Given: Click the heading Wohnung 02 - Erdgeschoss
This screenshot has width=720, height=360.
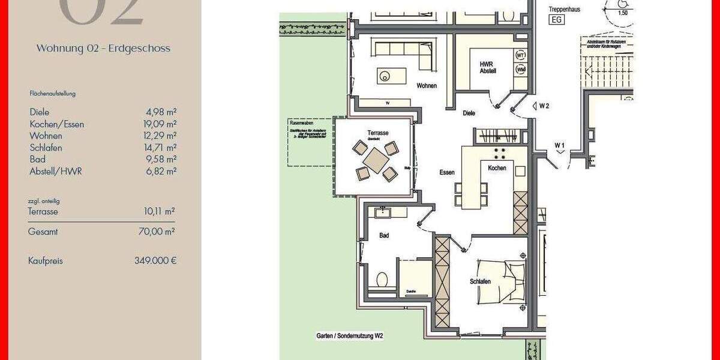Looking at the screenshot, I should point(103,49).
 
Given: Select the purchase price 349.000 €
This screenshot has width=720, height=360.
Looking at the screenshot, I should point(155,261).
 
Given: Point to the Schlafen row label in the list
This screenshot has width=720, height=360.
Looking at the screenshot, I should point(46,148).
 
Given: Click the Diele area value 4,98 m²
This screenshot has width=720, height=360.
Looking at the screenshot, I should point(161,112).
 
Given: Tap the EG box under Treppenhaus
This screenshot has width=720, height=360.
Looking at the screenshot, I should point(556,20).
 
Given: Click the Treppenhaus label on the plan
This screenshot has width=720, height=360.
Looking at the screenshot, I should point(565,9).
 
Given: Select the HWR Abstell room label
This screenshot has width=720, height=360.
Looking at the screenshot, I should point(487,67).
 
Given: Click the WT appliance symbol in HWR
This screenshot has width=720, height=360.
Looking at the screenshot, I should point(520,55).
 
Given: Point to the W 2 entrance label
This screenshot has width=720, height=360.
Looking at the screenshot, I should point(544,106).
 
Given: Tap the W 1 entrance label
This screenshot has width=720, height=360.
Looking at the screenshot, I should point(559,145).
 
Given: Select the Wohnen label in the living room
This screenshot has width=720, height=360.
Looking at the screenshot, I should point(427,86).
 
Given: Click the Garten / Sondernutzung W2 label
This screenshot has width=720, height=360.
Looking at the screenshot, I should point(350,337).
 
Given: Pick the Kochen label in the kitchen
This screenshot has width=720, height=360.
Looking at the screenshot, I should point(497,168).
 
